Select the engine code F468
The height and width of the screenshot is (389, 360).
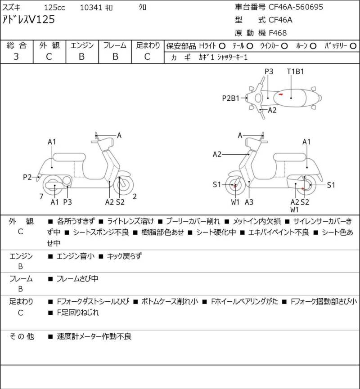click(x=278, y=32)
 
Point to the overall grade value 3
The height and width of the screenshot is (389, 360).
click(x=16, y=57)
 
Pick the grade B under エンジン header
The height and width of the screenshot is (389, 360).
click(x=82, y=57)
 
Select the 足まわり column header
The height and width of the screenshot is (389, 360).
click(x=148, y=45)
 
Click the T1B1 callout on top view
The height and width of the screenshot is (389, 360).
click(x=296, y=71)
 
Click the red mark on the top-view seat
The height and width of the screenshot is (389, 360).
click(x=280, y=94)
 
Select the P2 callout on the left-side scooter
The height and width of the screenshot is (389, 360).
click(x=28, y=177)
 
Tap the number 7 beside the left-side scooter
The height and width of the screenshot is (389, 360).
click(x=41, y=196)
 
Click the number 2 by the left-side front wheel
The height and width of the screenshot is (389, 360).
click(x=135, y=196)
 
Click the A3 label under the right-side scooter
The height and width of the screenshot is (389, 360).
click(x=249, y=202)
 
